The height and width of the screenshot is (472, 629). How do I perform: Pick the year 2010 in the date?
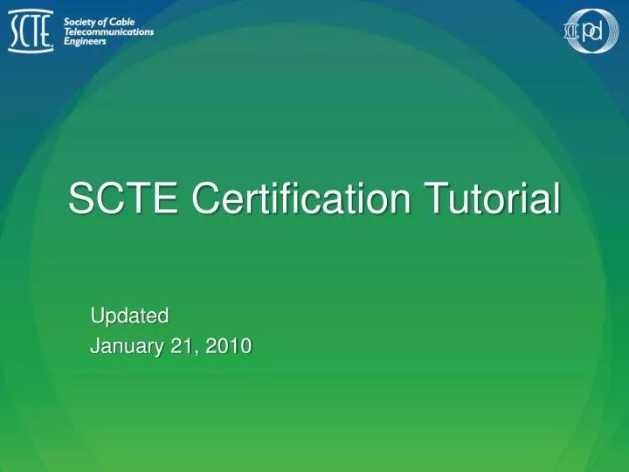[230, 346]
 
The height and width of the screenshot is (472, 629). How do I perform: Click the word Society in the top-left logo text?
[82, 21]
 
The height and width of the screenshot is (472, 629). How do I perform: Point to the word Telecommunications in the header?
[109, 31]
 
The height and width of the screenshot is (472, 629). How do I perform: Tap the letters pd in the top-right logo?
[595, 32]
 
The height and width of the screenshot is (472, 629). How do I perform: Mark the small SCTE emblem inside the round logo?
[572, 32]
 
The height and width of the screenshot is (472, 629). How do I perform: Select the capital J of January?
[95, 346]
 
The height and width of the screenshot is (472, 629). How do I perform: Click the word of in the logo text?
[108, 21]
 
